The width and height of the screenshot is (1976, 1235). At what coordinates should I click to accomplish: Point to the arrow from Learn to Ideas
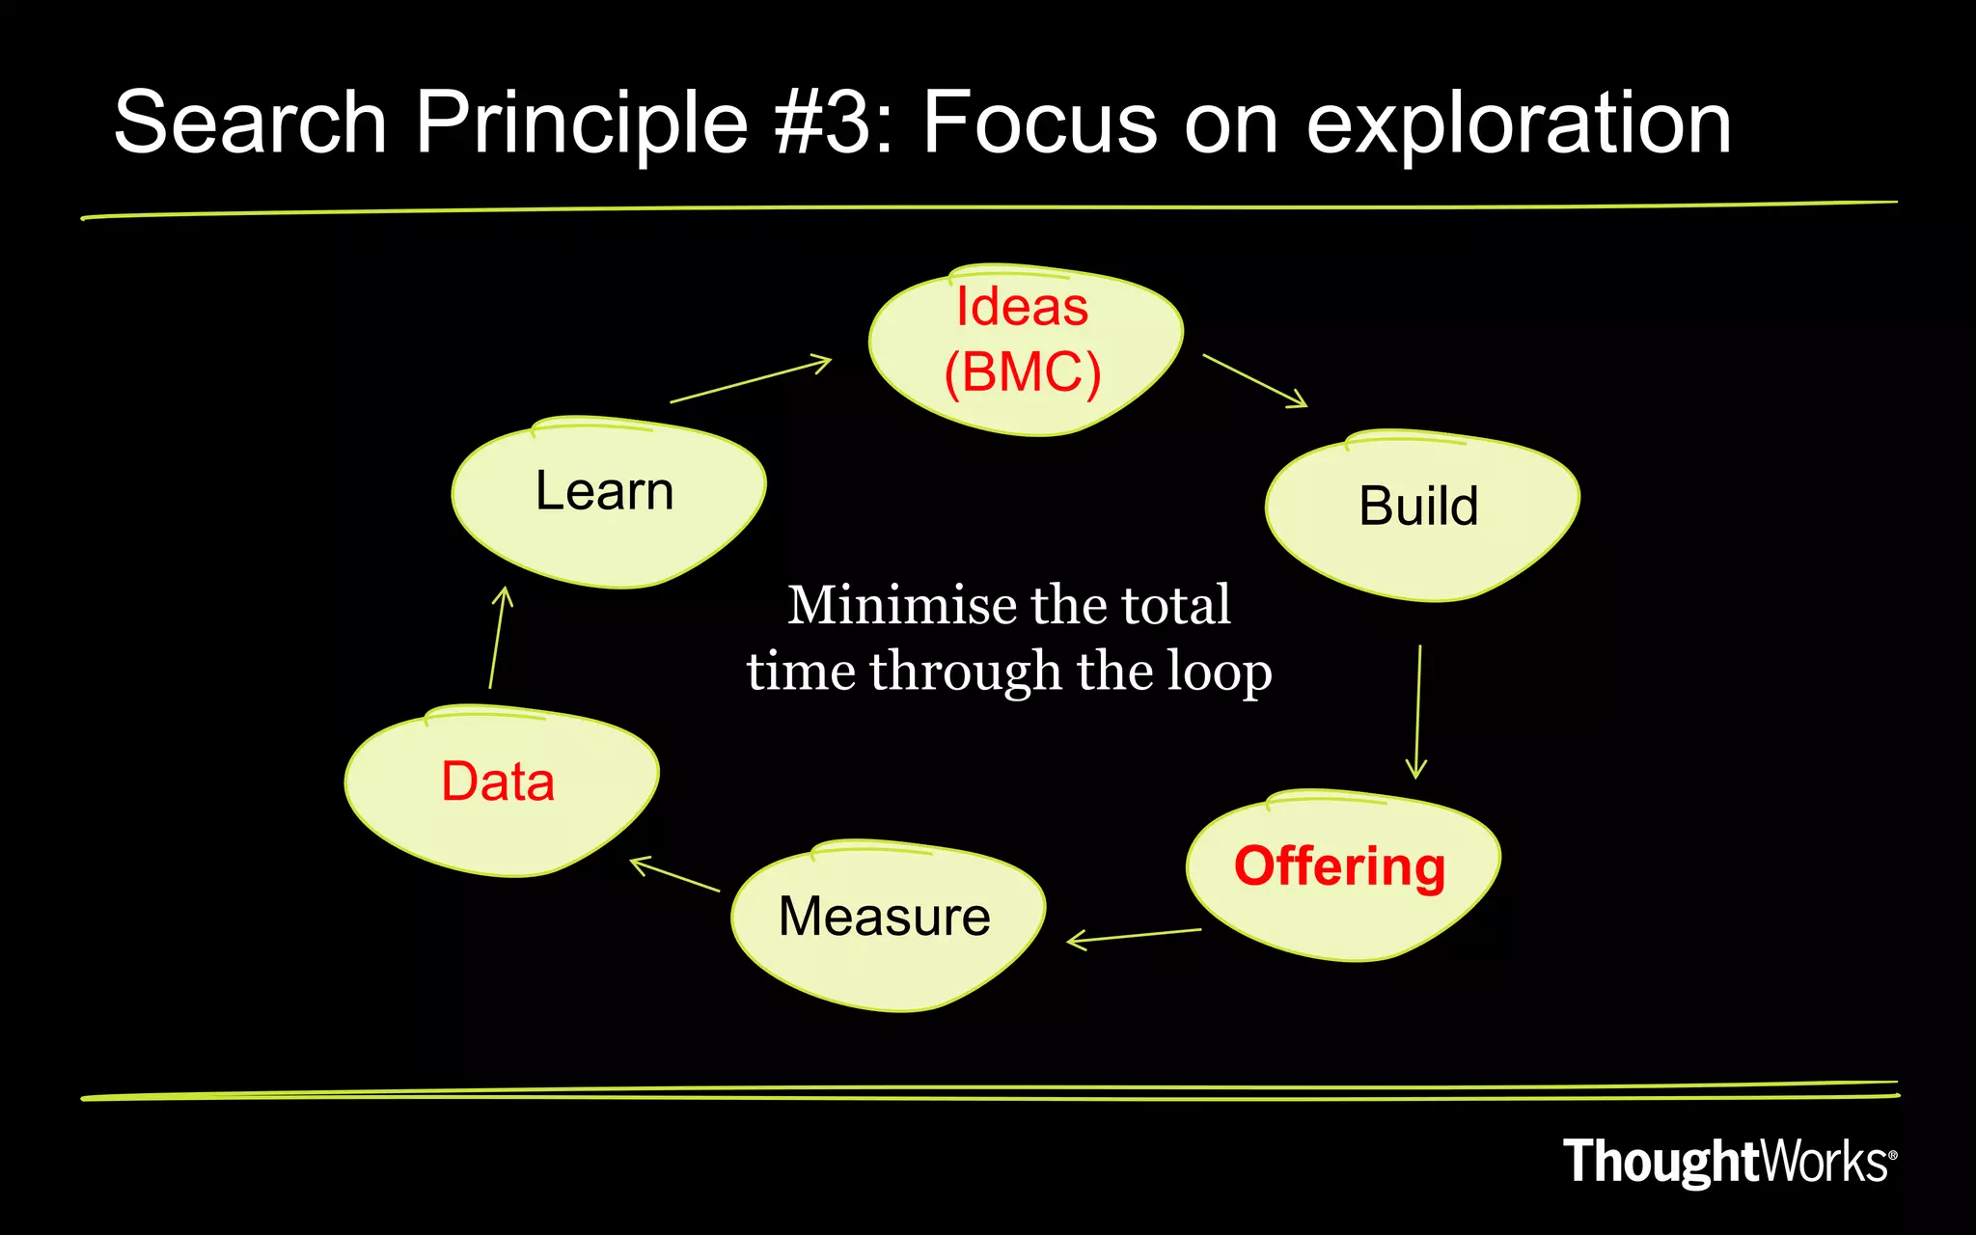[x=750, y=379]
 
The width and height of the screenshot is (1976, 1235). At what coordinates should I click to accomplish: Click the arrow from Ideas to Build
[x=1254, y=381]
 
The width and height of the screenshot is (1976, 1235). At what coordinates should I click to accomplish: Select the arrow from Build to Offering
[x=1417, y=711]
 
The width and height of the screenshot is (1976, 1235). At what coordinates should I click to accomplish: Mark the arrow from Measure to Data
[x=674, y=874]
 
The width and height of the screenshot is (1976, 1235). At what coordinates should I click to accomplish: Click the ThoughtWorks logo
[x=1728, y=1161]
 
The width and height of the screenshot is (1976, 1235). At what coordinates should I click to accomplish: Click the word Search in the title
[x=250, y=123]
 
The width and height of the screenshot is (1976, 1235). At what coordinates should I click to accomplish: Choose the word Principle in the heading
[x=582, y=124]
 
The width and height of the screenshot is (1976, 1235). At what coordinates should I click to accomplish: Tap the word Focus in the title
[x=1039, y=123]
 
